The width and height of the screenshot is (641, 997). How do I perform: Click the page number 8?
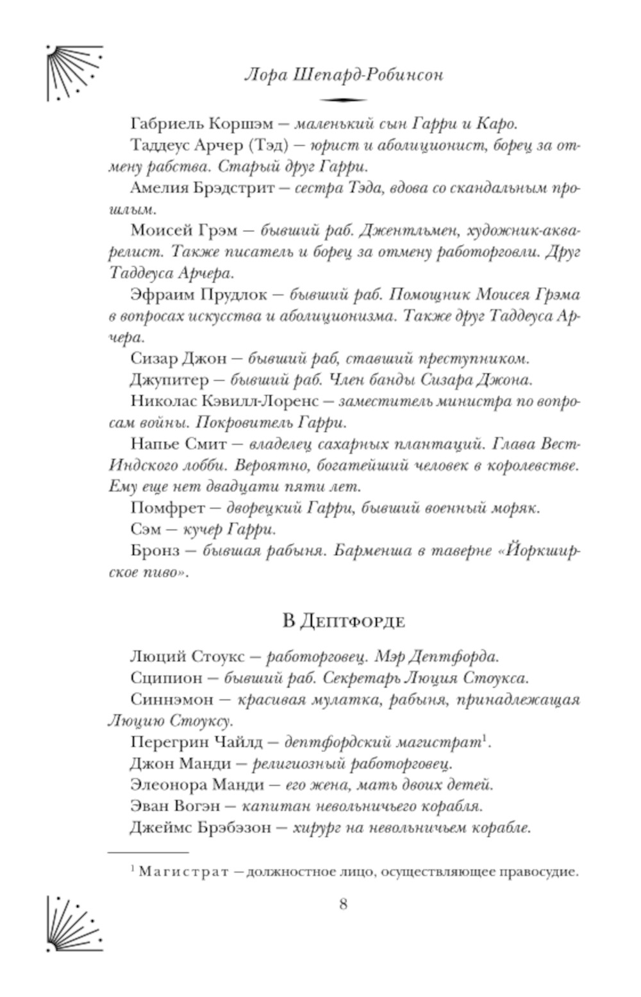(x=343, y=905)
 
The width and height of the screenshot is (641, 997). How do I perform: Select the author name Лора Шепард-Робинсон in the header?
(x=344, y=75)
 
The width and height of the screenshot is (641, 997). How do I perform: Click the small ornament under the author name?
(x=343, y=100)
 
